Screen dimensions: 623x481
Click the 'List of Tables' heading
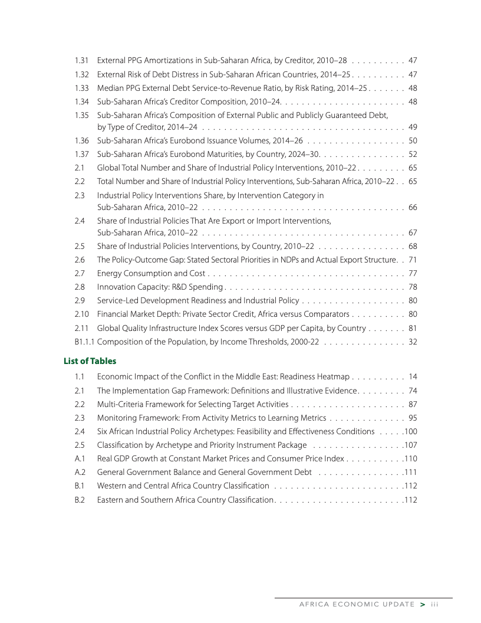tap(90, 360)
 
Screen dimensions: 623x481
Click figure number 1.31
tap(81, 60)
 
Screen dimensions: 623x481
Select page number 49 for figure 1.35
tap(413, 127)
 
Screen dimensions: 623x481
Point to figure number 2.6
tap(80, 260)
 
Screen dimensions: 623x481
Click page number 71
tap(413, 260)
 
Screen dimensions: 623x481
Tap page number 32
tap(413, 341)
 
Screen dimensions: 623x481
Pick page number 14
tap(413, 376)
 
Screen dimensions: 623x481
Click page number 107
tap(411, 445)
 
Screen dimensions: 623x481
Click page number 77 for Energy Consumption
tap(413, 273)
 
